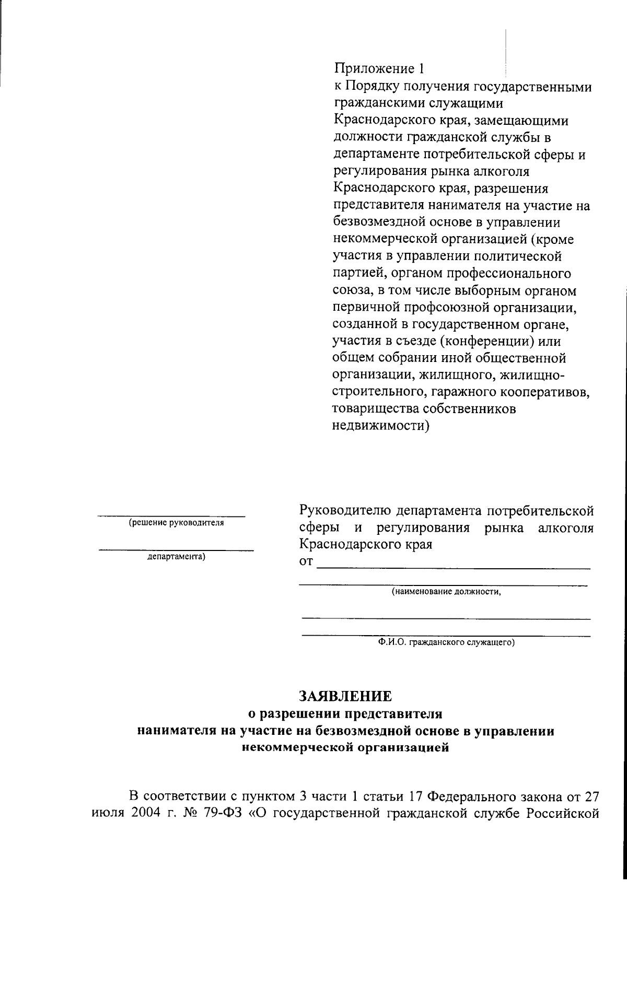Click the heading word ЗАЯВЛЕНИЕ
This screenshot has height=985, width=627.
pos(345,696)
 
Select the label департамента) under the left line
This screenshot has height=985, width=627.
pos(177,557)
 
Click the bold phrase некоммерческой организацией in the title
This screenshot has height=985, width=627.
pos(345,747)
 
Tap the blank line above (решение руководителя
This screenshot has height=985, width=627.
pos(172,515)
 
